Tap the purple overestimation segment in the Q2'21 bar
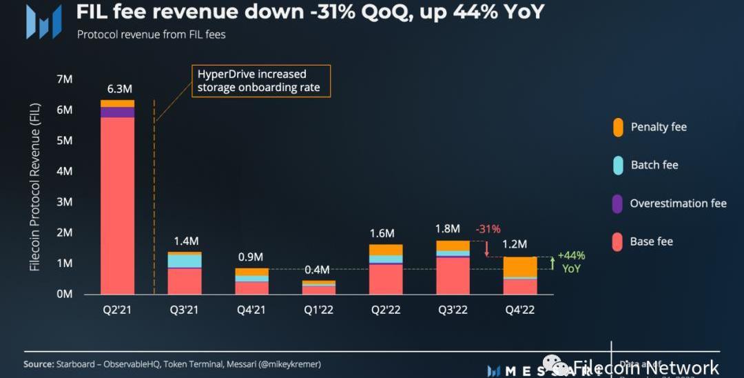pyautogui.click(x=117, y=112)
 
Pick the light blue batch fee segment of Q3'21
pyautogui.click(x=184, y=261)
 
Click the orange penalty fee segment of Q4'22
pyautogui.click(x=520, y=266)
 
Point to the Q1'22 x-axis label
pyautogui.click(x=318, y=310)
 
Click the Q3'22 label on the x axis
pyautogui.click(x=453, y=310)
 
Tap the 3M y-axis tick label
pyautogui.click(x=63, y=202)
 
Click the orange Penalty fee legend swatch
pyautogui.click(x=618, y=128)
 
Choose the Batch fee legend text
pyautogui.click(x=654, y=166)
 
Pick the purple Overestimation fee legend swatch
pyautogui.click(x=618, y=203)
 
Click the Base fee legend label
pyautogui.click(x=651, y=241)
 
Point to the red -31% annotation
pyautogui.click(x=488, y=229)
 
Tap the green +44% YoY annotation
pyautogui.click(x=571, y=261)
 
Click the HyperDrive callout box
pyautogui.click(x=260, y=81)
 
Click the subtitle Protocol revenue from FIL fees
pyautogui.click(x=151, y=34)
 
